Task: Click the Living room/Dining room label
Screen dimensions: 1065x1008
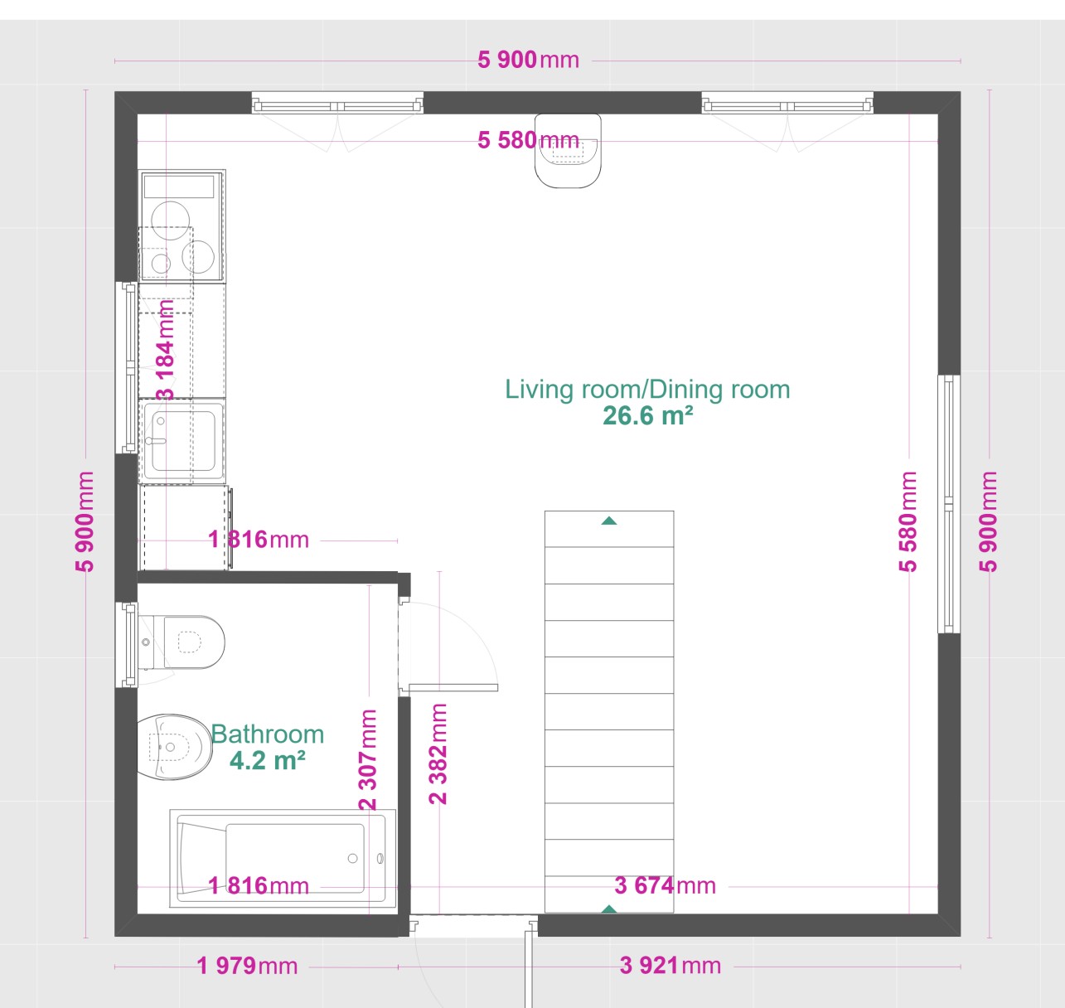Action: (647, 390)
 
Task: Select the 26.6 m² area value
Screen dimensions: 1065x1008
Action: (648, 416)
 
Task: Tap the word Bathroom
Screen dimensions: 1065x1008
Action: (268, 735)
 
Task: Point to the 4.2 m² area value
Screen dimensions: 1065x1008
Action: (268, 760)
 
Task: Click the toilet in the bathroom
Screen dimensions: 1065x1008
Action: (184, 642)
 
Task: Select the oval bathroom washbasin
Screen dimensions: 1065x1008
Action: (173, 747)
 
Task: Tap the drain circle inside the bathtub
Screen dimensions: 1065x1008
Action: (353, 859)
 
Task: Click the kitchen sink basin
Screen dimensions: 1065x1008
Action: (183, 441)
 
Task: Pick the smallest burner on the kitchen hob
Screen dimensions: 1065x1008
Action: (161, 264)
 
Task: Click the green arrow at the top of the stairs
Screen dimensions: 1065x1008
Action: (609, 521)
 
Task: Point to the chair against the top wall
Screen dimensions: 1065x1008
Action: (568, 151)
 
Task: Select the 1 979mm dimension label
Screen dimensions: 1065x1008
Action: (248, 966)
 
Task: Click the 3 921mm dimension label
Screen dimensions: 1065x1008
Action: (670, 965)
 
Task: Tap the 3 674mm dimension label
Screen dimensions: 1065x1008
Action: (666, 885)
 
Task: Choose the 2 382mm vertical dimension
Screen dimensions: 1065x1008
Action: (438, 754)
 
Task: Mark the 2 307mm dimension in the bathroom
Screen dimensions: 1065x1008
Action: (368, 759)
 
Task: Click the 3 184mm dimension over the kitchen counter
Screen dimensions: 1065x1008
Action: (166, 350)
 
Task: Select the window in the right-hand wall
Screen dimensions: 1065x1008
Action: (948, 504)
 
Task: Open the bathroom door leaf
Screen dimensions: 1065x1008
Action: (453, 688)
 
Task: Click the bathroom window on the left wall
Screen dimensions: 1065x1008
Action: (127, 645)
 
